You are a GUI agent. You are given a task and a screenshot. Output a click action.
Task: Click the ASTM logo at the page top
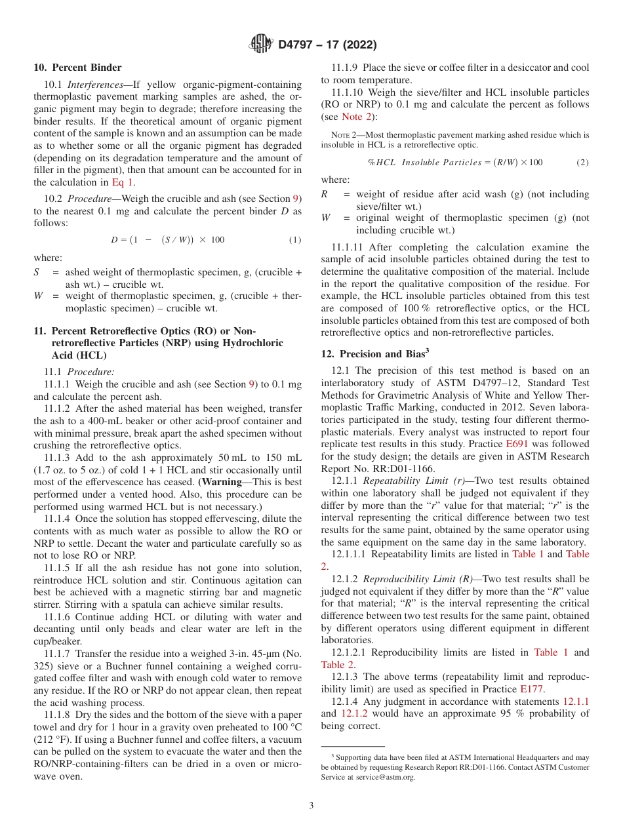[262, 45]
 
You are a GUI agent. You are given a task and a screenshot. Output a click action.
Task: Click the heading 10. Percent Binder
[77, 68]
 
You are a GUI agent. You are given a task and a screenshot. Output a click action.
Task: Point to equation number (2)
[582, 162]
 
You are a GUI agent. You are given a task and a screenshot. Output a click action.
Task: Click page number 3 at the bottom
[311, 805]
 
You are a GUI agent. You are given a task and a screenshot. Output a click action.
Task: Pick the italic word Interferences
[93, 85]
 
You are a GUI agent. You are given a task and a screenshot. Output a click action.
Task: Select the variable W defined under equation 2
[325, 218]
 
